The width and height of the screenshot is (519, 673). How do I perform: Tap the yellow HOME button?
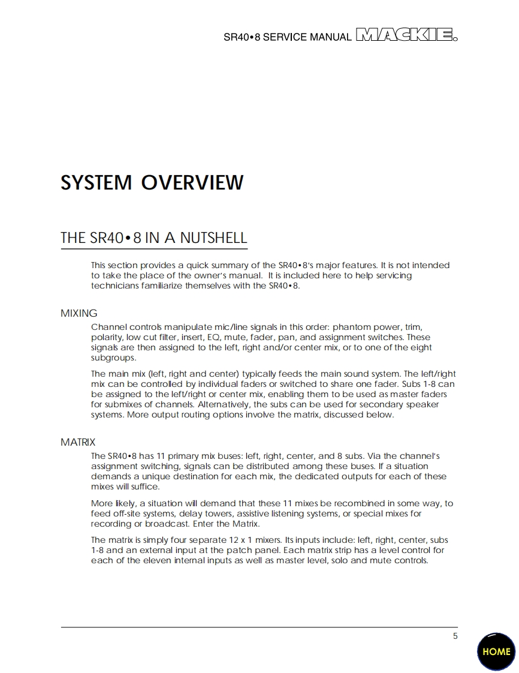pos(496,651)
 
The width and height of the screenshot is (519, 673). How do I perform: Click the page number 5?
pos(455,636)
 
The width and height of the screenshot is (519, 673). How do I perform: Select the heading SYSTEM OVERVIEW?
pos(152,182)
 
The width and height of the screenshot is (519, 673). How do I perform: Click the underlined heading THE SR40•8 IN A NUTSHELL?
pos(153,238)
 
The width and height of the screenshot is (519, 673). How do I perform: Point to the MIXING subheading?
pos(79,313)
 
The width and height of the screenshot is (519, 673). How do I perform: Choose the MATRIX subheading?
pos(78,442)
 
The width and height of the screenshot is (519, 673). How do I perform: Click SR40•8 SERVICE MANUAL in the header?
pos(287,37)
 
